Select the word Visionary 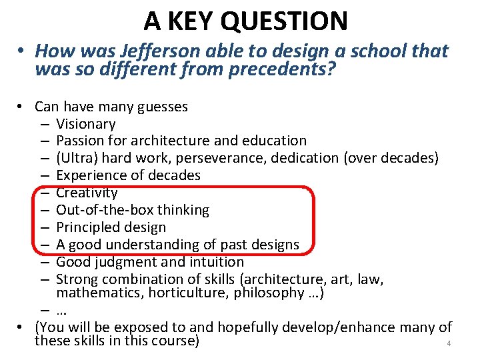(86, 124)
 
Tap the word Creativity (87, 193)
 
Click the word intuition (216, 262)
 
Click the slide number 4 (449, 344)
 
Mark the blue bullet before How (22, 52)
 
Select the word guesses (164, 107)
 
